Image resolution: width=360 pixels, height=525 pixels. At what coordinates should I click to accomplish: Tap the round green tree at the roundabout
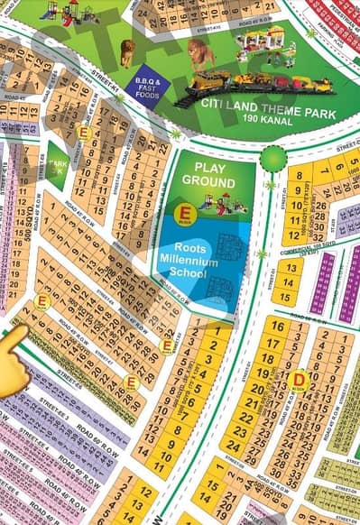coord(273,159)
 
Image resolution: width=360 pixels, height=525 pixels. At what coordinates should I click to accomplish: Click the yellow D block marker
coord(300,381)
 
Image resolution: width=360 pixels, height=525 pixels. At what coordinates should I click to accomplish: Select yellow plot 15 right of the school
coord(284,295)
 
